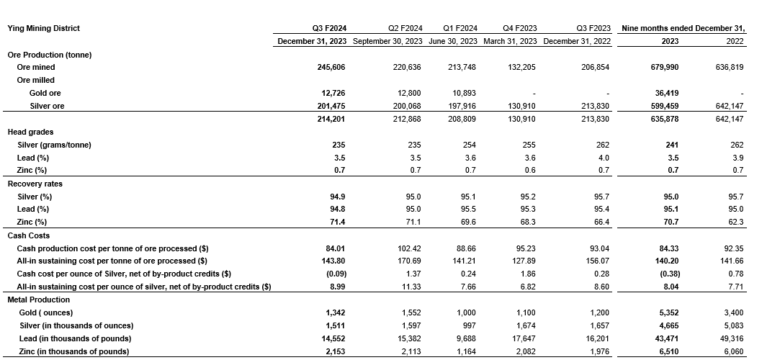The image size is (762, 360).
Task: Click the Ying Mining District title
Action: coord(43,28)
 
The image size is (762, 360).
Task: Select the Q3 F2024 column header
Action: coord(329,28)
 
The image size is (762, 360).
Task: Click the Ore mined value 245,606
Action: coord(330,67)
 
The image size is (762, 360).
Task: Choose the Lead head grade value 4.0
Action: coord(604,158)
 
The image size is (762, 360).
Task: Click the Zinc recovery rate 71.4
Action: coord(336,222)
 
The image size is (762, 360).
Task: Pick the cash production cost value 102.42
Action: coord(407,248)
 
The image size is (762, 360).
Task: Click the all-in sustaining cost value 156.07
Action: coord(597,261)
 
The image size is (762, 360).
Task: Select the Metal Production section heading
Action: coord(39,300)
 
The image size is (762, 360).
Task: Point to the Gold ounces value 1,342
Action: coord(335,312)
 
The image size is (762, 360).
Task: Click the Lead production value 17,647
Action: coord(523,338)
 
